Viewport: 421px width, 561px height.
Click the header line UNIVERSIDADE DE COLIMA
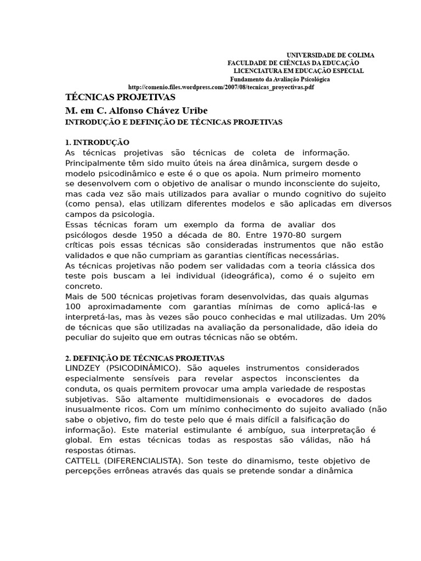pos(331,55)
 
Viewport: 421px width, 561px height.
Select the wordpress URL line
pos(221,87)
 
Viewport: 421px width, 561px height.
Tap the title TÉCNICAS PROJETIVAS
pos(120,98)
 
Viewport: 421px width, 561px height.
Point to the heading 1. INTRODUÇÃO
pos(97,142)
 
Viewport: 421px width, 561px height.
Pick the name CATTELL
pos(83,461)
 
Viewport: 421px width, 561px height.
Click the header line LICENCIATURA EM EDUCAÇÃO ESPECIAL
pos(298,71)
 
